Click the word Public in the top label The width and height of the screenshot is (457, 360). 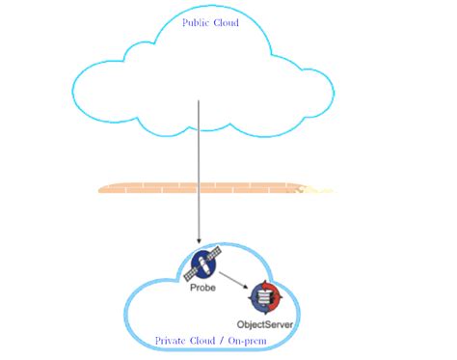(x=197, y=21)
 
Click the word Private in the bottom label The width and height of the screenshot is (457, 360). (x=171, y=341)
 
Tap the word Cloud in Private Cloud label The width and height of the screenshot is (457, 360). (x=205, y=341)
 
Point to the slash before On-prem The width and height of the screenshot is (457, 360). (x=224, y=341)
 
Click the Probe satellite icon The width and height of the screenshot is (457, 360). (x=204, y=261)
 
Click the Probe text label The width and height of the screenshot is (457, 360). (x=203, y=287)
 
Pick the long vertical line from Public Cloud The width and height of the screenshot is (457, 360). (x=199, y=164)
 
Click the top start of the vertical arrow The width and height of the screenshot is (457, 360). (x=199, y=100)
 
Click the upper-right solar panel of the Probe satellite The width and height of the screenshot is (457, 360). (x=216, y=252)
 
